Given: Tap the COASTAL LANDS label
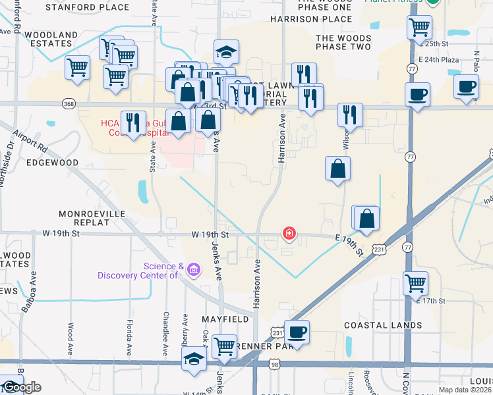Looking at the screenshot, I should (x=383, y=325).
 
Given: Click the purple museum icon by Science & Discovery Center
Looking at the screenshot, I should (x=193, y=269).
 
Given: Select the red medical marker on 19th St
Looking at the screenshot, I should (x=289, y=234).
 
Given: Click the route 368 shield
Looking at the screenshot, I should (x=69, y=104).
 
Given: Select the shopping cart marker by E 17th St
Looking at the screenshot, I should (x=415, y=283).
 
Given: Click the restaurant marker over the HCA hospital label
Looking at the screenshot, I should (x=132, y=122).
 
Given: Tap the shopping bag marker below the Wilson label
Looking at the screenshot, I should (x=337, y=168).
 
